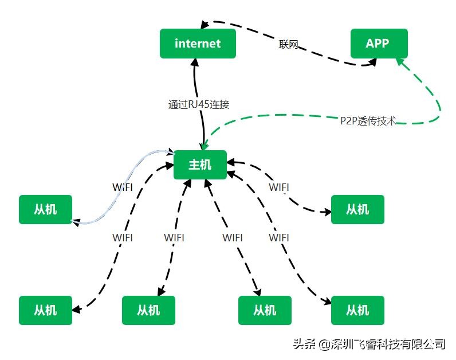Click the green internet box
[198, 44]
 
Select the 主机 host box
[200, 165]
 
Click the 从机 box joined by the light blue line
[45, 209]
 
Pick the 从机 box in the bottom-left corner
[45, 310]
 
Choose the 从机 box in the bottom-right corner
[357, 310]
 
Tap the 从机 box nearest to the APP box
[357, 209]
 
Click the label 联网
[289, 45]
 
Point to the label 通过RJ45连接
[199, 104]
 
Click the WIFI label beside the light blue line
[122, 187]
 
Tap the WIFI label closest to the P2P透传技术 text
[278, 187]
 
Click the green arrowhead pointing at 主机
[205, 146]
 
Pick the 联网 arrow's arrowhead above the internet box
[204, 24]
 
